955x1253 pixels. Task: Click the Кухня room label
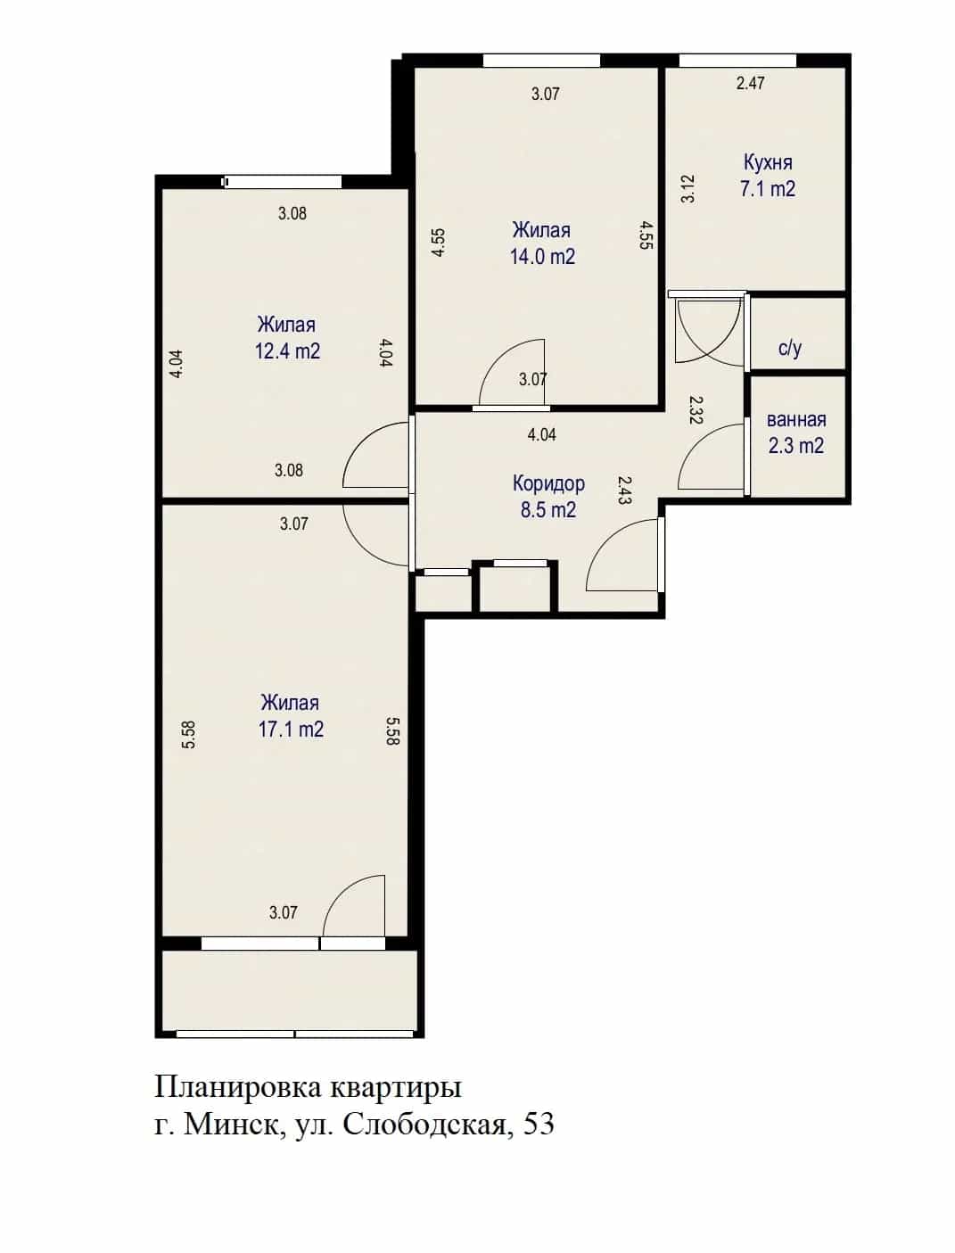[768, 162]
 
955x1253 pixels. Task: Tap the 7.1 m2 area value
[768, 189]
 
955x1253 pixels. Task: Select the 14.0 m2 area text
[542, 257]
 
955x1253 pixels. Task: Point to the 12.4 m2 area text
[287, 351]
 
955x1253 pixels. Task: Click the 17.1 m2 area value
[291, 730]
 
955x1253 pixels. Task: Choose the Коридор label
[548, 484]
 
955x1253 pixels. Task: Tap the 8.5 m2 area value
[548, 510]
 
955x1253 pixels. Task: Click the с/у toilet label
[790, 348]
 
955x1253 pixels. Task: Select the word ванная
[796, 420]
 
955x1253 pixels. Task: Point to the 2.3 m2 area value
[796, 446]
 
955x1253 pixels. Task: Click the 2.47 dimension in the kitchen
[750, 83]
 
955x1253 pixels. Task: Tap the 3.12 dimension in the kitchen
[689, 188]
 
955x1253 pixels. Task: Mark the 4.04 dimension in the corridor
[541, 435]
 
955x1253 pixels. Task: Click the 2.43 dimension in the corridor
[624, 490]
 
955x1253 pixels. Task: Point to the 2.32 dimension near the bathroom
[696, 410]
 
